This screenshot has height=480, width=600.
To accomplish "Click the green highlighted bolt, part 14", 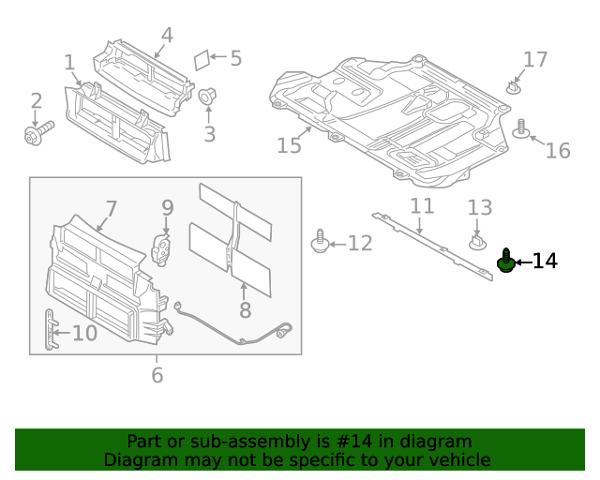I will click(x=506, y=262).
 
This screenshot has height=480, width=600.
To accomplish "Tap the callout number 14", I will click(x=545, y=262).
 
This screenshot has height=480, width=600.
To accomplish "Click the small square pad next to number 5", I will click(x=201, y=58).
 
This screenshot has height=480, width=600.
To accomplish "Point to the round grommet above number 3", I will click(x=207, y=96).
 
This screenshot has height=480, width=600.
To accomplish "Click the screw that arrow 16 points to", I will click(x=521, y=129).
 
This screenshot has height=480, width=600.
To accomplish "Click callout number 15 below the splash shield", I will click(x=290, y=145).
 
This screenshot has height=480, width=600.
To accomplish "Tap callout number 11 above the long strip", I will click(x=422, y=206).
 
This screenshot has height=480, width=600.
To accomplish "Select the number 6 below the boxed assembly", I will click(x=157, y=375).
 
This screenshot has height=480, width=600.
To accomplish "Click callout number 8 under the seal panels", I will click(x=245, y=310).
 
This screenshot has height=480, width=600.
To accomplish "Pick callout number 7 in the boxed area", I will click(x=111, y=209).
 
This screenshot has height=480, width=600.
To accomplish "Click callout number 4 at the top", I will click(x=167, y=36).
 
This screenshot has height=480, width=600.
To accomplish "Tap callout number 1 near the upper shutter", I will click(x=69, y=63).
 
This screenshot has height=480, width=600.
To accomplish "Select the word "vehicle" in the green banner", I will click(x=458, y=460).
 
